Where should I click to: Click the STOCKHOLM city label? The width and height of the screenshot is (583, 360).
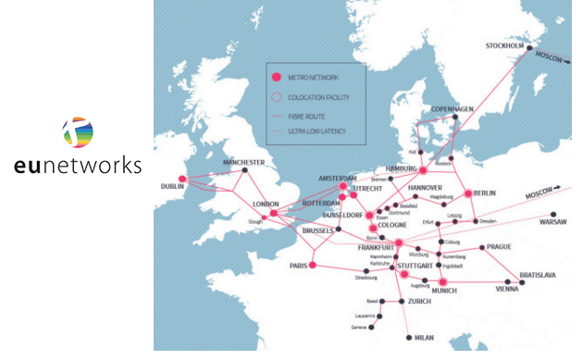[x=504, y=45]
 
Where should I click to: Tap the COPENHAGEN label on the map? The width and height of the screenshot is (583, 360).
[x=453, y=109]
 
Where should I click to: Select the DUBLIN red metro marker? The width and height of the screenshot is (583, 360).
[x=182, y=180]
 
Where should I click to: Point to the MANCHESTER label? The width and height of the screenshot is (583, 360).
[x=243, y=163]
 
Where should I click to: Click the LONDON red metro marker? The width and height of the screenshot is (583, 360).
[x=273, y=213]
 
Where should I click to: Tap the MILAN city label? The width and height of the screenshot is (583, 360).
[x=425, y=338]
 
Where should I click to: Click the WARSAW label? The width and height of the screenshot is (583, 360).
[x=553, y=223]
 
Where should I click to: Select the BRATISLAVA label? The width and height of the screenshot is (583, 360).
[x=538, y=275]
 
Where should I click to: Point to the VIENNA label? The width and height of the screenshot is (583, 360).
[x=506, y=290]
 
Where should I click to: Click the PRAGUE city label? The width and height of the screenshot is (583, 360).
[x=498, y=247]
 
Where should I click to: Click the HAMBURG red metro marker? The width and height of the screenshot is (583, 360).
[x=423, y=170]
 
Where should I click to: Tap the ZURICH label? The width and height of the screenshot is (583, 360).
[x=419, y=302]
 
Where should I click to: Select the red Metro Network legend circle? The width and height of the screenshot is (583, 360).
[x=276, y=78]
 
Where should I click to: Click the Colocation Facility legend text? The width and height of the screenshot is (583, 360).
[x=318, y=97]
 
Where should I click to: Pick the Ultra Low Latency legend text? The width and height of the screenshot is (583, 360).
[x=316, y=131]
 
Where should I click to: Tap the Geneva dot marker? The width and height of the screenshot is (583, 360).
[x=372, y=328]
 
